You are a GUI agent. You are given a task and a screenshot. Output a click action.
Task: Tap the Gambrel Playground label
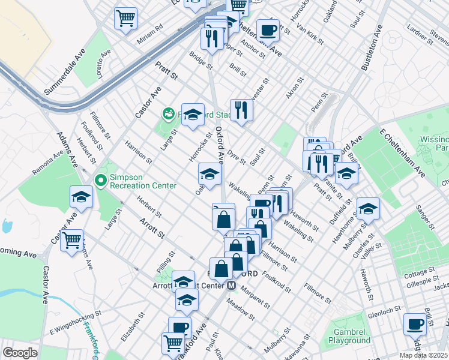pyautogui.click(x=349, y=336)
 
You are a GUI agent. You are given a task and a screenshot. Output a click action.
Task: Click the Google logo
pyautogui.click(x=20, y=353)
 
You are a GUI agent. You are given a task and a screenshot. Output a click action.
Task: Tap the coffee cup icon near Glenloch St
pyautogui.click(x=415, y=323)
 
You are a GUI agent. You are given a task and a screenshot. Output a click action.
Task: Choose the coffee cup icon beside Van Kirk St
pyautogui.click(x=268, y=29)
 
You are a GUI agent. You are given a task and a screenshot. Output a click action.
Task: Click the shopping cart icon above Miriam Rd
pyautogui.click(x=126, y=17)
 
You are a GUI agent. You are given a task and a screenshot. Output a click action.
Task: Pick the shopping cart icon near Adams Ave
pyautogui.click(x=71, y=240)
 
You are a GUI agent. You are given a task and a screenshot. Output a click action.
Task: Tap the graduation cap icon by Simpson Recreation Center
pyautogui.click(x=81, y=196)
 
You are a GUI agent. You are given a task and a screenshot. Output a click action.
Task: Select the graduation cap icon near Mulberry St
pyautogui.click(x=368, y=208)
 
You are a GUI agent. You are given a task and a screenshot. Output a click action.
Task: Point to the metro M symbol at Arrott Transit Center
pyautogui.click(x=231, y=286)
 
